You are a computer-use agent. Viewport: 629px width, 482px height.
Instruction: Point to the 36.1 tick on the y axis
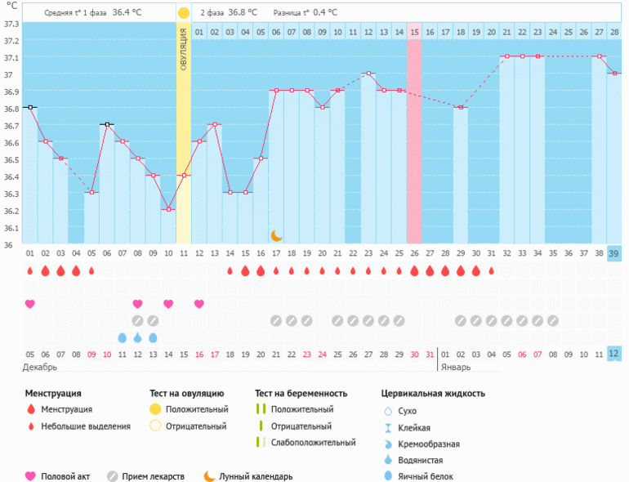tap(11, 228)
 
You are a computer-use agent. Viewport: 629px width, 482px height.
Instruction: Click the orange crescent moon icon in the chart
tap(277, 235)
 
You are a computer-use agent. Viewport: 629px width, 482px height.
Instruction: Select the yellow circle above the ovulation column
tap(184, 13)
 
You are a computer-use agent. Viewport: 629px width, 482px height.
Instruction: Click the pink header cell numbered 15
tap(414, 32)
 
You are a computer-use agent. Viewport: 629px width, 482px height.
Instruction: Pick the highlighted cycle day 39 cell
tap(613, 253)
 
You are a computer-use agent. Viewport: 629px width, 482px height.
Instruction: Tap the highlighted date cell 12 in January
tap(613, 354)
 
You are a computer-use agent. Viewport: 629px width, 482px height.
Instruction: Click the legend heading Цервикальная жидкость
tap(433, 393)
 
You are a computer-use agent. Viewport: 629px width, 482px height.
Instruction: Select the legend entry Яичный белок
tap(424, 476)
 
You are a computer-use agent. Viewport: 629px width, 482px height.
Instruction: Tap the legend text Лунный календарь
tap(257, 476)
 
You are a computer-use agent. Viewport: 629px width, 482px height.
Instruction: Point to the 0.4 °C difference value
tap(345, 13)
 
